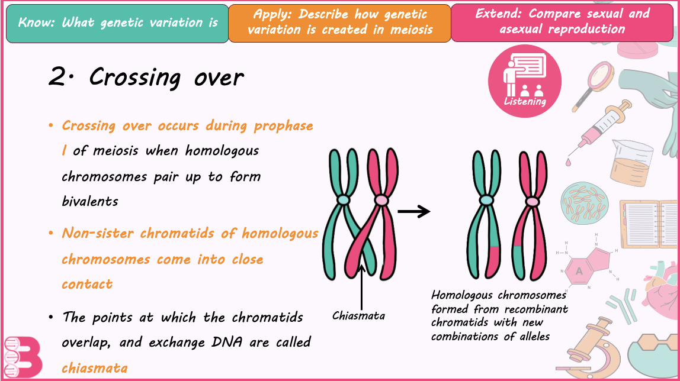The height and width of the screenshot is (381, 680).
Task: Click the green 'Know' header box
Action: click(x=117, y=24)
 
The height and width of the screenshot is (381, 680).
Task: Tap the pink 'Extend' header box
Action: click(x=562, y=22)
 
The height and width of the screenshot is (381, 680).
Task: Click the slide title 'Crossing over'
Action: click(x=146, y=78)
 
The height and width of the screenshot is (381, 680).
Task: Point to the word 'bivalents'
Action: click(x=90, y=201)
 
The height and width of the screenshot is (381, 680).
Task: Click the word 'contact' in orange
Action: click(x=87, y=284)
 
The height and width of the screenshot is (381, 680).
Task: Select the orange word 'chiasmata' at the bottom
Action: click(x=95, y=368)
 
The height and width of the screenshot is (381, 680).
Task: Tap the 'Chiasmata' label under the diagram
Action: click(x=358, y=316)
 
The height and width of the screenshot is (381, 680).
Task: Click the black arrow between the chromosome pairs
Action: click(x=413, y=212)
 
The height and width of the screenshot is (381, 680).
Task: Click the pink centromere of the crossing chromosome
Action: click(x=381, y=200)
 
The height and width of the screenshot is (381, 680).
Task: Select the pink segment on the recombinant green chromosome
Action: click(x=494, y=259)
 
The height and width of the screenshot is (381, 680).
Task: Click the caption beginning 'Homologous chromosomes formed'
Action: click(x=499, y=315)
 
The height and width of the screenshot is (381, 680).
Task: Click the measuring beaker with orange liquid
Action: click(x=632, y=160)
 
